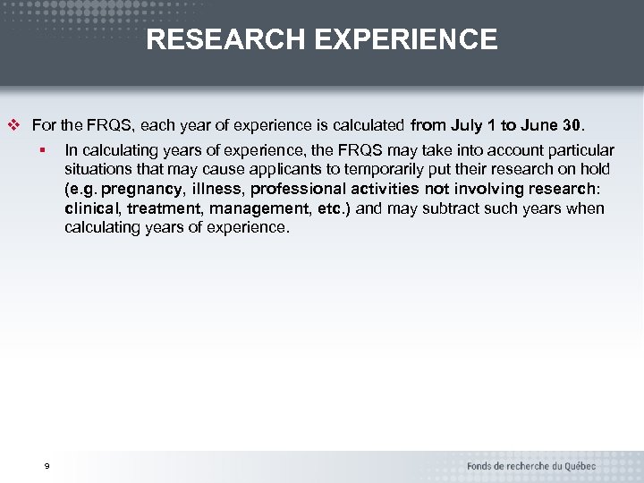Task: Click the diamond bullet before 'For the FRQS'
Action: tap(13, 124)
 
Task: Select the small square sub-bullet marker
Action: tap(42, 149)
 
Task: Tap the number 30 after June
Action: tap(572, 124)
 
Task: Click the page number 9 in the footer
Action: tap(47, 466)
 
